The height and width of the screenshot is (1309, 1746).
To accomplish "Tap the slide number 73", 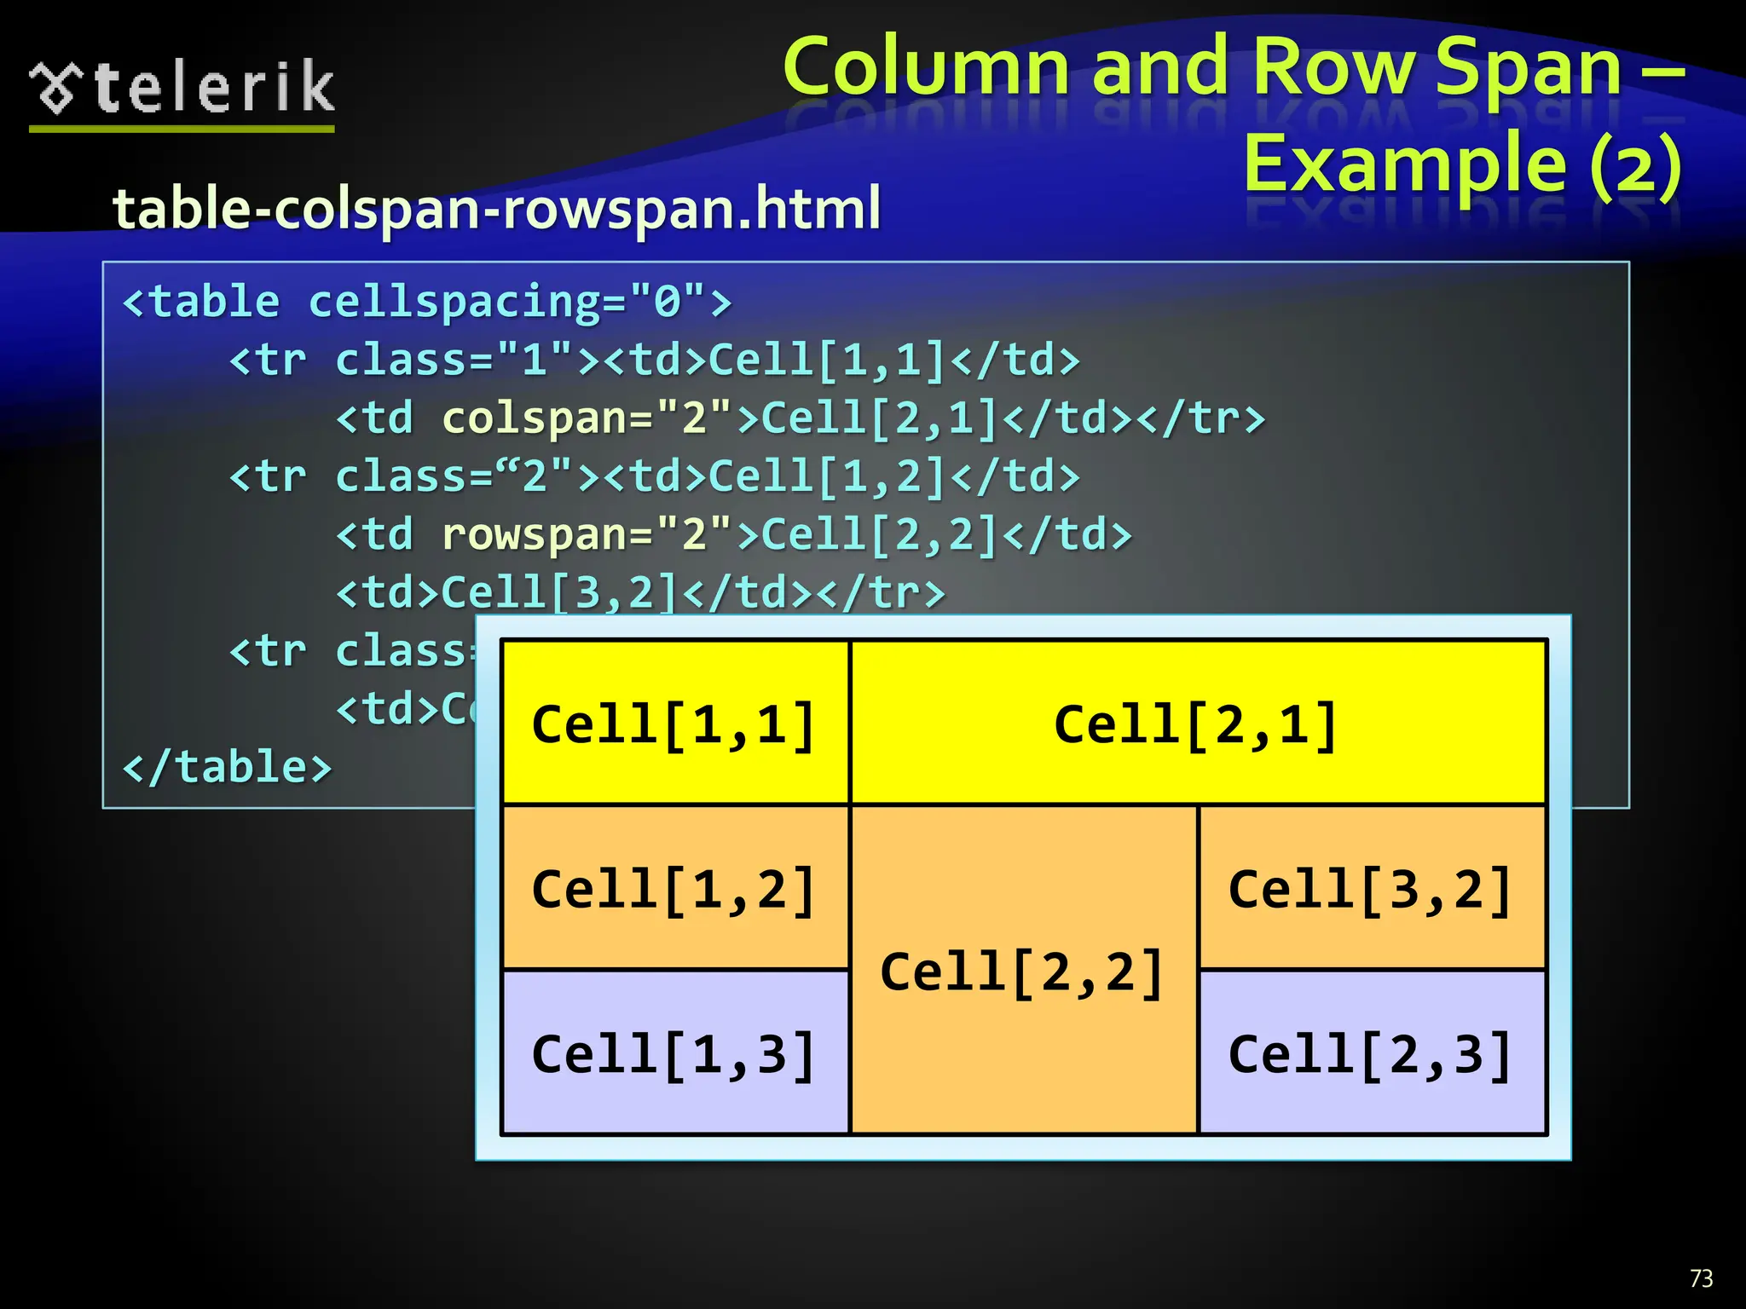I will (x=1701, y=1278).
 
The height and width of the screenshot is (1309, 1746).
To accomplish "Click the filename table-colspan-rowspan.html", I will (x=496, y=209).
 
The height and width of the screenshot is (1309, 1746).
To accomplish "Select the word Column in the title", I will (x=926, y=68).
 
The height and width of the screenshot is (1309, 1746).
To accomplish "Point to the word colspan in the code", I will (x=535, y=418).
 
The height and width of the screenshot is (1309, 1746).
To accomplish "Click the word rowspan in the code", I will (x=535, y=535).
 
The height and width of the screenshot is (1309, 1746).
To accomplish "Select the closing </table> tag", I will (x=227, y=767).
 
